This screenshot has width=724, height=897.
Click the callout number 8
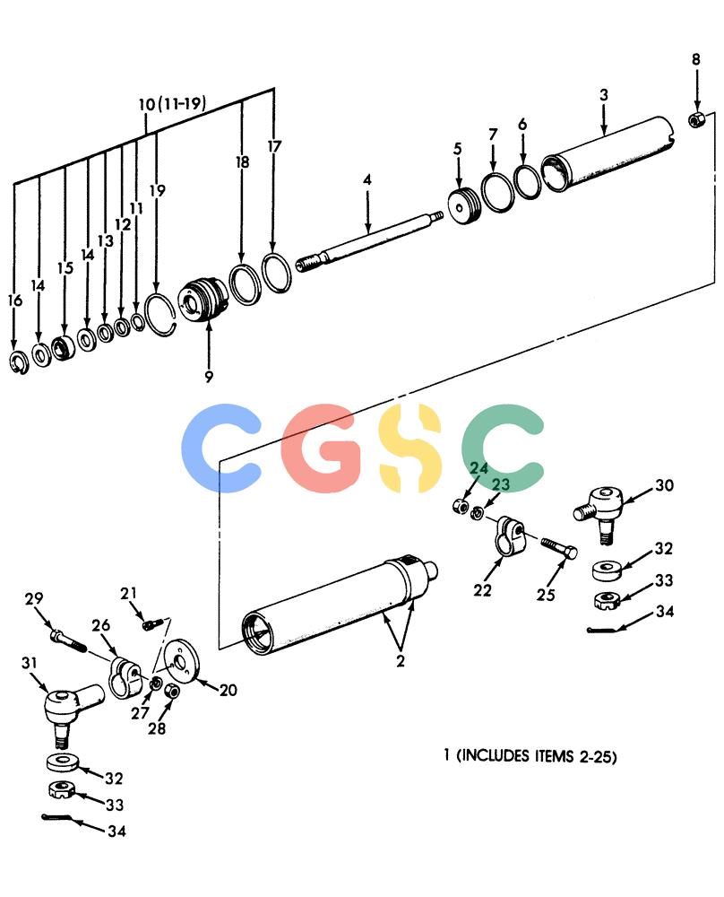pos(695,59)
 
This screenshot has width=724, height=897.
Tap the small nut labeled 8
pos(696,119)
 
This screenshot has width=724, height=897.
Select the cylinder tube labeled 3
pos(608,153)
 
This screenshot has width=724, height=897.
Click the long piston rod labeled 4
pos(369,240)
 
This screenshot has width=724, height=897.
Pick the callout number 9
pos(209,376)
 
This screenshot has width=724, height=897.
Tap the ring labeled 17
pos(277,272)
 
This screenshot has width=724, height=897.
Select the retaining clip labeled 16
pos(19,361)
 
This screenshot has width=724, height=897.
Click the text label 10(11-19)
pos(172,103)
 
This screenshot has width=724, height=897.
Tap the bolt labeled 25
pos(558,548)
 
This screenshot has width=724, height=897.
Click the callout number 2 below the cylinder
pos(400,661)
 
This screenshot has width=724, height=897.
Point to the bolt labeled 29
pos(68,640)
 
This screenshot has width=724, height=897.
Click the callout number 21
pos(128,593)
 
